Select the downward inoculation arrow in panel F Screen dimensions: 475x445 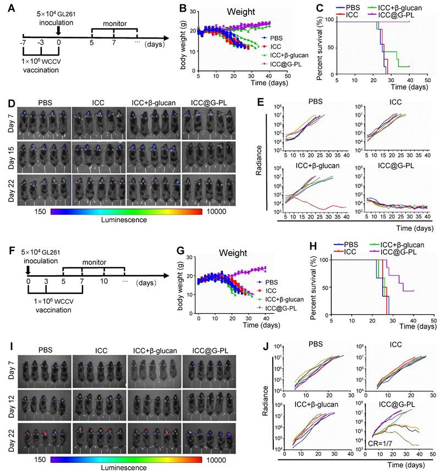pyautogui.click(x=28, y=269)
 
